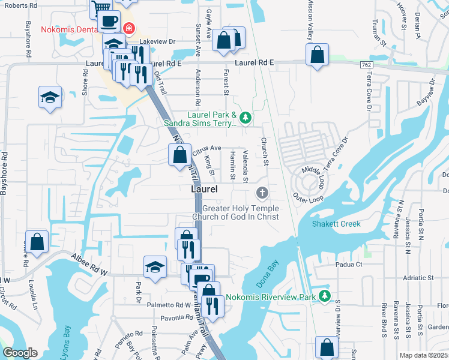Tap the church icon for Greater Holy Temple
click(x=262, y=193)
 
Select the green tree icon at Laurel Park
click(x=245, y=117)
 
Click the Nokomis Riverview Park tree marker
click(x=325, y=296)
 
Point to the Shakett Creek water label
click(x=336, y=224)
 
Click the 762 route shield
click(x=366, y=64)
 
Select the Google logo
click(x=20, y=353)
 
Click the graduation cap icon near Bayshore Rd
click(x=50, y=97)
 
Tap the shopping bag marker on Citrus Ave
click(x=180, y=155)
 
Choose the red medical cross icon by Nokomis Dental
click(x=128, y=28)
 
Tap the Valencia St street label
click(x=245, y=166)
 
